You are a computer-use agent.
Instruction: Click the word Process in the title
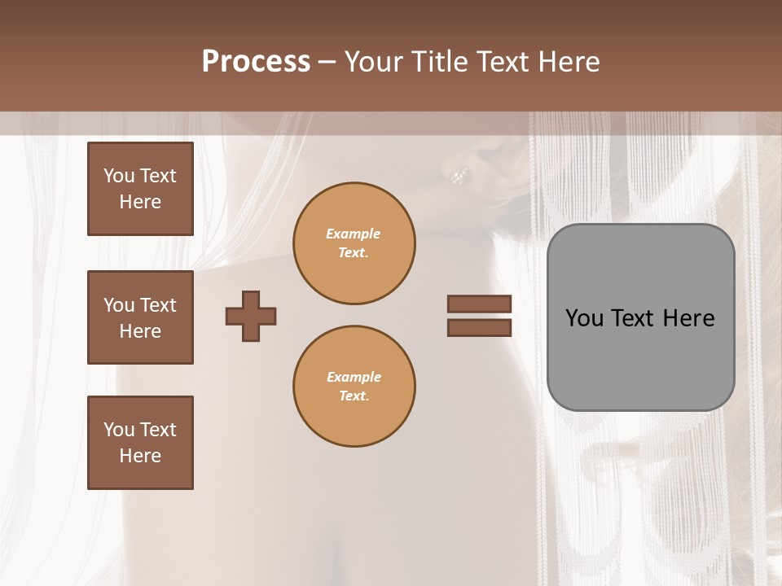(x=256, y=62)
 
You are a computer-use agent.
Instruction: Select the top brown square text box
(x=140, y=189)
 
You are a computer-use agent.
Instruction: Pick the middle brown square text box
(x=140, y=317)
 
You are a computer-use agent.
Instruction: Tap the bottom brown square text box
(x=140, y=443)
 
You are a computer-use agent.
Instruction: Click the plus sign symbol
(x=251, y=316)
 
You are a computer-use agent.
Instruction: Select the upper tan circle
(x=354, y=243)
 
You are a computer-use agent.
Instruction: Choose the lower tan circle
(x=354, y=387)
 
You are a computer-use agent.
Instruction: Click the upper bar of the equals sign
(x=479, y=304)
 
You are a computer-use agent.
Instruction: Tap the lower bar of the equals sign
(x=479, y=328)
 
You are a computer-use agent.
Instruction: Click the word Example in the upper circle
(x=354, y=234)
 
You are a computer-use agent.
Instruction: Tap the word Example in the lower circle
(x=354, y=377)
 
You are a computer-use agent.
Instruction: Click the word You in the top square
(x=119, y=176)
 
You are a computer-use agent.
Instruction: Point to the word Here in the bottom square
(x=140, y=456)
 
